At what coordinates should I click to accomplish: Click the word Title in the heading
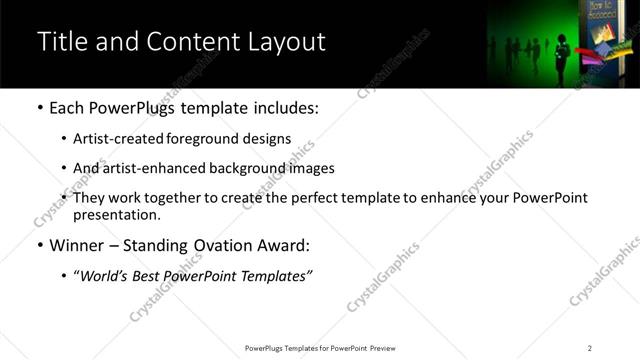[x=61, y=42]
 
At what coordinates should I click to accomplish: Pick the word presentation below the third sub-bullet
[x=115, y=214]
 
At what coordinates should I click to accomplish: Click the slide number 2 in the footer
[x=589, y=348]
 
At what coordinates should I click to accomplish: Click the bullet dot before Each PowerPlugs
[x=39, y=107]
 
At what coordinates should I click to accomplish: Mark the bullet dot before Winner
[x=39, y=245]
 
